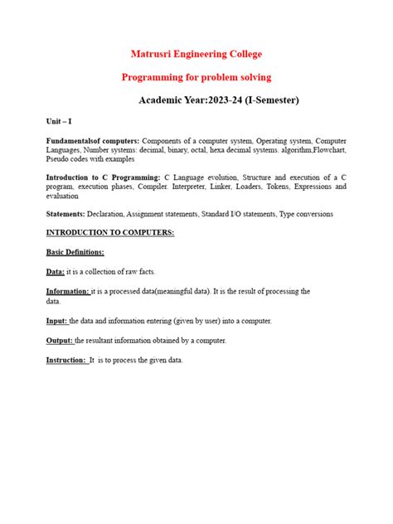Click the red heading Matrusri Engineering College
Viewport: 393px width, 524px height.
[x=196, y=54]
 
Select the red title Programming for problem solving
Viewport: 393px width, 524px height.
[x=196, y=77]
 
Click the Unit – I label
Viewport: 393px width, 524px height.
[x=61, y=121]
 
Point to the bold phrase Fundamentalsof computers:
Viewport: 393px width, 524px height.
[x=93, y=140]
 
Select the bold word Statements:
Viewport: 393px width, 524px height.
[x=65, y=214]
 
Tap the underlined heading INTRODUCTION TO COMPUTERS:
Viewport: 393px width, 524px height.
[x=110, y=233]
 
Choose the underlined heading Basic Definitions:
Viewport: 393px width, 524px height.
[x=75, y=252]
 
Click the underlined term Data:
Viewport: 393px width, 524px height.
[x=55, y=271]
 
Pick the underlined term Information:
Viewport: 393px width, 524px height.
[x=68, y=291]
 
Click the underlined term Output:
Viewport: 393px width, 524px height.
[x=60, y=340]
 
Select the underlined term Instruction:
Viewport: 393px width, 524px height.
[x=66, y=360]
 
